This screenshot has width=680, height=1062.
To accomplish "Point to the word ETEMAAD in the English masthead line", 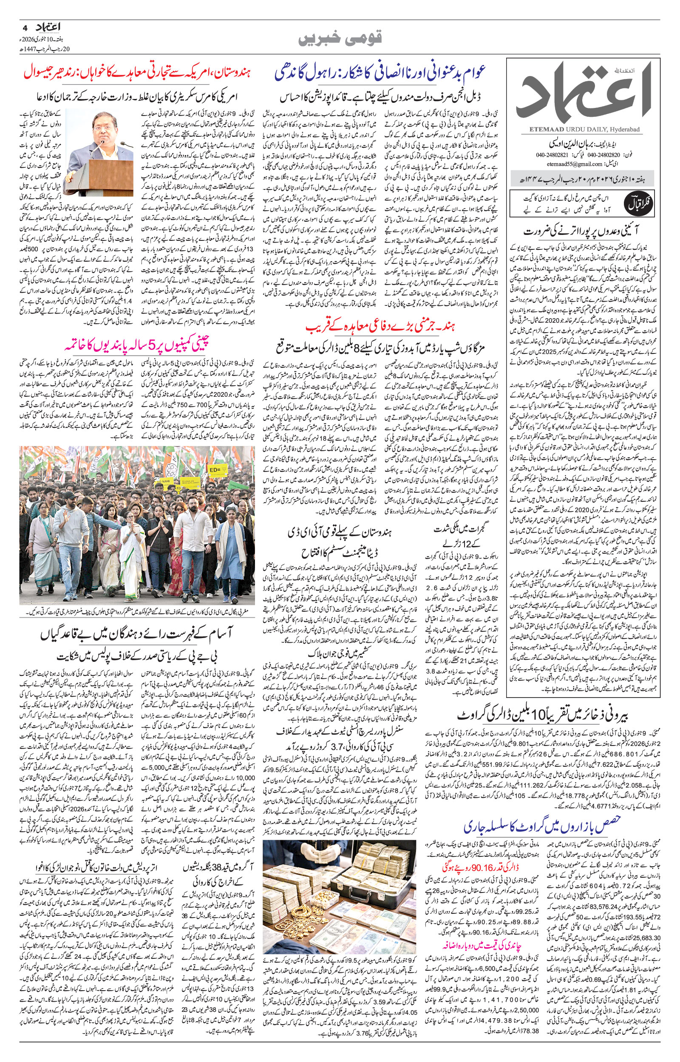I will pyautogui.click(x=538, y=129).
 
